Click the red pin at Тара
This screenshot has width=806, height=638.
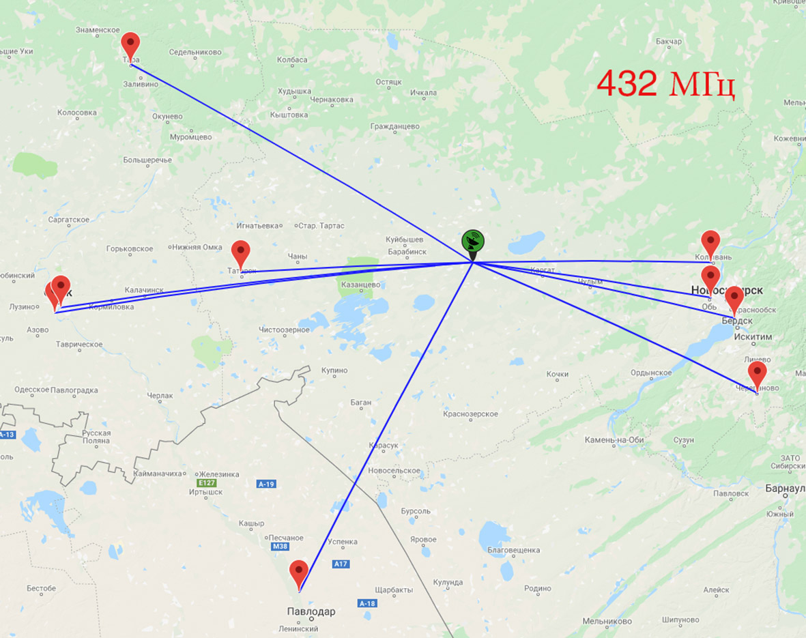tap(130, 45)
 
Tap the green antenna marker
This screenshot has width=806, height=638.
tap(473, 243)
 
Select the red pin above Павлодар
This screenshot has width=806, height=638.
tap(299, 573)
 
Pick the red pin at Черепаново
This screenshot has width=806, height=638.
tap(757, 375)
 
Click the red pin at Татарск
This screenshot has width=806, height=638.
tap(240, 253)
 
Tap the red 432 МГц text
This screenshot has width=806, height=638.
tap(665, 83)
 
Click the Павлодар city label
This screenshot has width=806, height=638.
tap(311, 611)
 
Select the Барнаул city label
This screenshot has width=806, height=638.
tap(785, 489)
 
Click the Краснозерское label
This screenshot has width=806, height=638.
tap(470, 414)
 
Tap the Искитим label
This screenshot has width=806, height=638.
tap(753, 337)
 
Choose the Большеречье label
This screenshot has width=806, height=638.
tap(147, 160)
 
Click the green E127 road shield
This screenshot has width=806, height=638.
tap(206, 482)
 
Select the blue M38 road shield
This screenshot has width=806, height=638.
tap(280, 547)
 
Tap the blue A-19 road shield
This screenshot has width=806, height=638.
tap(266, 484)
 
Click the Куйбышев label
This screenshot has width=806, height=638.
tap(404, 240)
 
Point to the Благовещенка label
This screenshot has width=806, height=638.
tap(514, 550)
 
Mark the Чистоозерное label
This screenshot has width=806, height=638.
tap(284, 330)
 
